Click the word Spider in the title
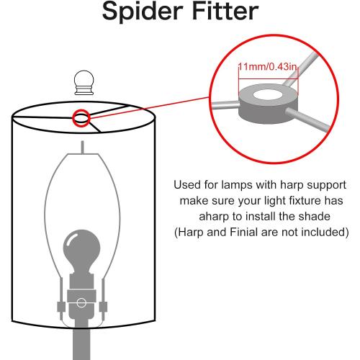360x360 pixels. (143, 12)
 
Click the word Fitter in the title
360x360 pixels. (225, 11)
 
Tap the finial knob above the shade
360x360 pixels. (84, 82)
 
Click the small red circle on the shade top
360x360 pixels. (81, 118)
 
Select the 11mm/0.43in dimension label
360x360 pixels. (267, 66)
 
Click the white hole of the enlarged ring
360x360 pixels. (267, 95)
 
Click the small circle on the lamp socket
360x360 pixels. (81, 302)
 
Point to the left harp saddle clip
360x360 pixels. (61, 307)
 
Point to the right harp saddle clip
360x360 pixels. (103, 307)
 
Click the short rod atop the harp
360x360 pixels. (82, 147)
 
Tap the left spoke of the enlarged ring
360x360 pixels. (225, 105)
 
